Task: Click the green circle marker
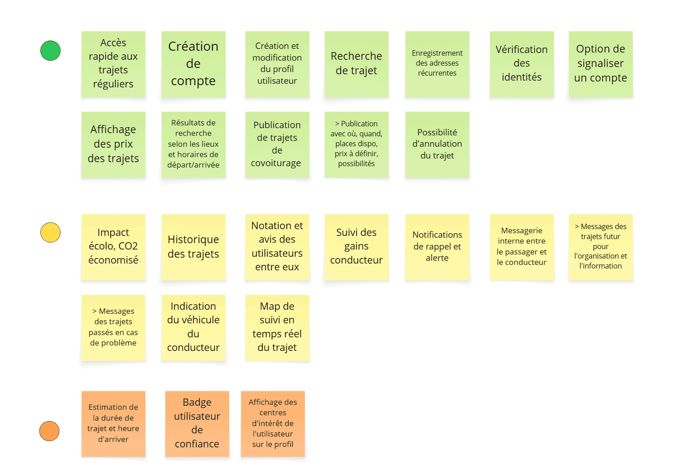coord(50,51)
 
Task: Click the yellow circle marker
coord(50,232)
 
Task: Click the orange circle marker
coord(49,431)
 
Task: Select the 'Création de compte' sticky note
coord(193,64)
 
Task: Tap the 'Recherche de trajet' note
coord(356,64)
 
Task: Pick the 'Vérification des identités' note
coord(521,64)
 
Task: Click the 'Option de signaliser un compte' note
coord(601,64)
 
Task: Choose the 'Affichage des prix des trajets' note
coord(113,144)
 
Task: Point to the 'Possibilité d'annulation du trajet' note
coord(437,144)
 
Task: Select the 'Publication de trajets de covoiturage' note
coord(277,144)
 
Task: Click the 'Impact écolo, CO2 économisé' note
coord(113,247)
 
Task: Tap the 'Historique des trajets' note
coord(193,247)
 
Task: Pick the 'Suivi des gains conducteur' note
coord(356,247)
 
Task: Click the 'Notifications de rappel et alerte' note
coord(437,247)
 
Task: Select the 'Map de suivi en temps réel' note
coord(277,327)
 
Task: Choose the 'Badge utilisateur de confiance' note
coord(197,423)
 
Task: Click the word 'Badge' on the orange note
coord(197,402)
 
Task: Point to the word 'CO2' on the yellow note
coord(128,246)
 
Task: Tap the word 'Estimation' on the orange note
coord(108,407)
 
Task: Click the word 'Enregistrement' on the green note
coord(437,53)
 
